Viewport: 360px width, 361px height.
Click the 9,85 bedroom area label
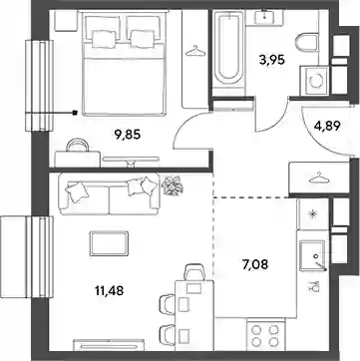[x=128, y=135]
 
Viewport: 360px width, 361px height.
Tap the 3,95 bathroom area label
[x=272, y=60]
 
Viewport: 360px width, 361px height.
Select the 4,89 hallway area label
[x=327, y=126]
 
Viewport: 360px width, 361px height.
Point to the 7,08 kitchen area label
[x=255, y=265]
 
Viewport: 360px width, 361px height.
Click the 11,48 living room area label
[x=110, y=291]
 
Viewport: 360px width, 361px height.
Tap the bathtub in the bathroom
[x=228, y=49]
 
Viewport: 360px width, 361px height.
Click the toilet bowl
[x=307, y=42]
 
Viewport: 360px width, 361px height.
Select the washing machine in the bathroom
[x=314, y=80]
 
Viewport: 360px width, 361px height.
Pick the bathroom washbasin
[x=265, y=17]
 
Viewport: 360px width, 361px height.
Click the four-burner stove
[x=265, y=336]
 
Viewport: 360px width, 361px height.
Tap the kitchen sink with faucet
[x=312, y=256]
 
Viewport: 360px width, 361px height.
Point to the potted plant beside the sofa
[x=173, y=184]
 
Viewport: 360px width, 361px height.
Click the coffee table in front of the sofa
[x=109, y=243]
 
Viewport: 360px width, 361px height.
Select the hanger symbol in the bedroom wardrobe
[x=195, y=52]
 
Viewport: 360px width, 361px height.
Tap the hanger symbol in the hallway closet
[x=319, y=178]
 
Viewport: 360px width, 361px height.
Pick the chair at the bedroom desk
[x=78, y=146]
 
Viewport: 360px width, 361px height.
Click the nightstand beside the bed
[x=66, y=21]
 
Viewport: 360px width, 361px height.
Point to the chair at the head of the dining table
[x=195, y=271]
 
